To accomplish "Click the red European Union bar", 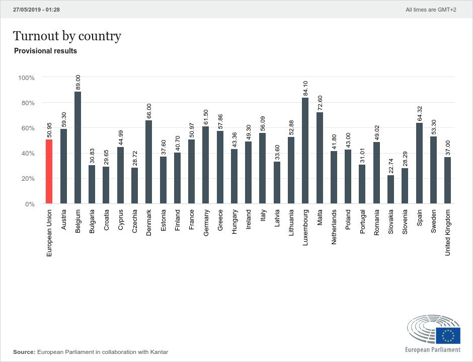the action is click(49, 172).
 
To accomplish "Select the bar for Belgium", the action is click(78, 148).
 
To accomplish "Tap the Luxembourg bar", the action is click(305, 151).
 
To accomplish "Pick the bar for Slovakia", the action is click(390, 189).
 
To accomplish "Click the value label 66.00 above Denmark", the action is click(149, 111).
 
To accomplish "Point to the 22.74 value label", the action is click(390, 166).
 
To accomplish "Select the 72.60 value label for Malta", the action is click(320, 103).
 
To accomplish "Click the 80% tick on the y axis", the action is click(27, 103).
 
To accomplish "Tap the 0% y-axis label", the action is click(30, 204).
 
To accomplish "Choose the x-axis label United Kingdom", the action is click(447, 233).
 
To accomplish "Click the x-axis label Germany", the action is click(206, 223).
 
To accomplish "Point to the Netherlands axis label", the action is click(334, 227).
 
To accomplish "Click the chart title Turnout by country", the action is click(67, 36).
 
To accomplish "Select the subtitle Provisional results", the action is click(46, 51).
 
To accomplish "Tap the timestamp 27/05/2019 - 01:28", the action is click(37, 10).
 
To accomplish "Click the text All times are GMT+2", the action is click(431, 10).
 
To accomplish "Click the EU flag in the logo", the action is click(448, 335).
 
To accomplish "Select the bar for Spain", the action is click(419, 163).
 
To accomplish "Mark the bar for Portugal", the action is click(362, 184).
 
